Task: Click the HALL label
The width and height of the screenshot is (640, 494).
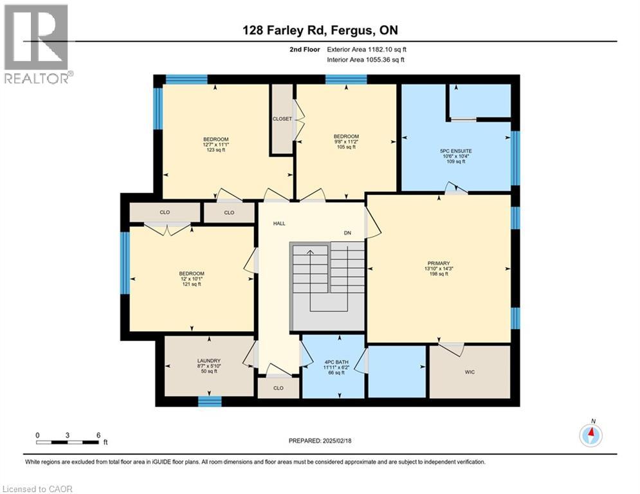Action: point(279,223)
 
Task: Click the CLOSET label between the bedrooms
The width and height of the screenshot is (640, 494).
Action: point(282,119)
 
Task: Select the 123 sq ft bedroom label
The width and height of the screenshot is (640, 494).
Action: point(215,145)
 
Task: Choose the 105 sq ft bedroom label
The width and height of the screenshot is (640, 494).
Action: point(345,142)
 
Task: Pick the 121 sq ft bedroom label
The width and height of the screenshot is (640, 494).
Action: point(191,279)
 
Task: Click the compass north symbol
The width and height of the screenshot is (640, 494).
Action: point(590,435)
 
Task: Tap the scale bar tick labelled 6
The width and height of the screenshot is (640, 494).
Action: point(98,435)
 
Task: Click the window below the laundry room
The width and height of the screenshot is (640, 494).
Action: point(209,401)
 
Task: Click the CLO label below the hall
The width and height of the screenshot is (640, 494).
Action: point(278,388)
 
